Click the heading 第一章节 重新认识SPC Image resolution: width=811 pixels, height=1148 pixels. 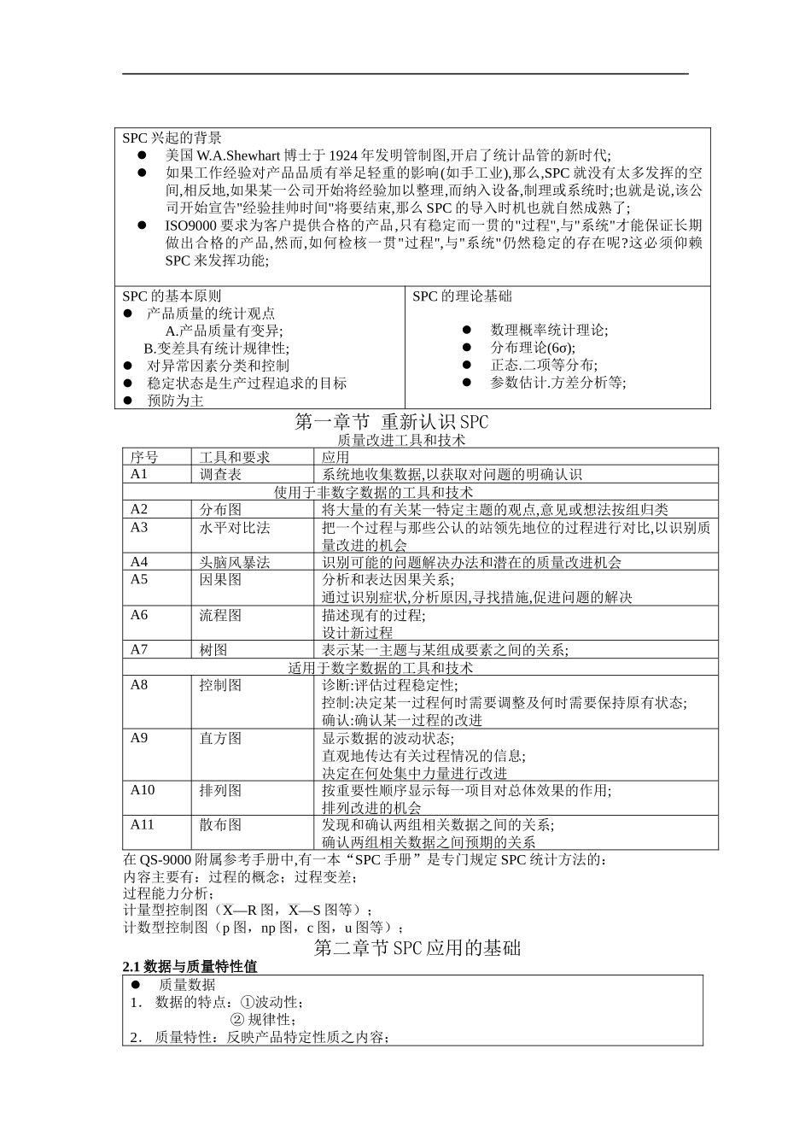391,422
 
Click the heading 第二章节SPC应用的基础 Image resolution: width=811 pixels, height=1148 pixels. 417,947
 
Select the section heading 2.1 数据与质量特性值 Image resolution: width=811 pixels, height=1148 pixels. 190,967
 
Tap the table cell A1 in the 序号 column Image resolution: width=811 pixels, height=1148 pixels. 139,475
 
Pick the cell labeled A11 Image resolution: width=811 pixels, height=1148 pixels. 143,824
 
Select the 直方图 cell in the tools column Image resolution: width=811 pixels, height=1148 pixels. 220,738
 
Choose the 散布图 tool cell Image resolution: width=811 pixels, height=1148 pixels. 220,824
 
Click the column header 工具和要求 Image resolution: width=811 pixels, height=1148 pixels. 235,457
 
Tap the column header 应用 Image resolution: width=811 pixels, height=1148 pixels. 335,457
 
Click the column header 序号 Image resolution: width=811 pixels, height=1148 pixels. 144,457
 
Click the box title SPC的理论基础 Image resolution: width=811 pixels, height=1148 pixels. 462,296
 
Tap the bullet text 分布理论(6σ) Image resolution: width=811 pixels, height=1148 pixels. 533,348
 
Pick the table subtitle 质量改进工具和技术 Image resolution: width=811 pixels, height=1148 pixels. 401,440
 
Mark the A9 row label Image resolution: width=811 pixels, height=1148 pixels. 139,738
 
